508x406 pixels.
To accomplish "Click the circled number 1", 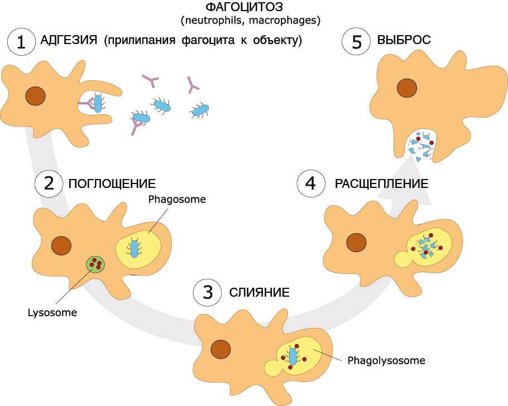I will tap(21, 42).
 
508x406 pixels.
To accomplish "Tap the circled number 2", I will tap(49, 184).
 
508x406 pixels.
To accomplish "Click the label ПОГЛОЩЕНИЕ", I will tap(112, 184).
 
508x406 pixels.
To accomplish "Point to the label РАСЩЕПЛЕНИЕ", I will tap(381, 184).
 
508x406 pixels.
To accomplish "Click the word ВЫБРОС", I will tap(404, 41).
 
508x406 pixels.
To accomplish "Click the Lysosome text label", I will tap(52, 312).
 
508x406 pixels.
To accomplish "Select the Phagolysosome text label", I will tap(386, 360).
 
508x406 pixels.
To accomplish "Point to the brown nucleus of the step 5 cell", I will tap(407, 88).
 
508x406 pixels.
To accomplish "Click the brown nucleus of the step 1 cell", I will tap(36, 96).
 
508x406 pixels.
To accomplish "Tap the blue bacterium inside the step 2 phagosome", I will tap(134, 246).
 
